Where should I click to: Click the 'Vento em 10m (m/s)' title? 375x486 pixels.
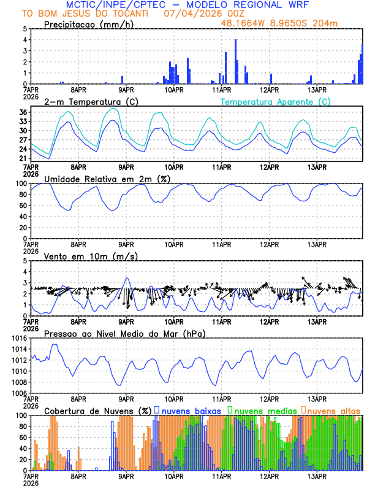[91, 256]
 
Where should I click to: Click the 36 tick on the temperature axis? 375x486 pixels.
[23, 112]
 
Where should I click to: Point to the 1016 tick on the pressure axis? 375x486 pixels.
[18, 338]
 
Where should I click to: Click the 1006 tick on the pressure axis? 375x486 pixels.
[18, 393]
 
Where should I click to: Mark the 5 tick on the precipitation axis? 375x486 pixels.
[25, 29]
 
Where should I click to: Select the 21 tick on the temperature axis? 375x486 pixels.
[23, 158]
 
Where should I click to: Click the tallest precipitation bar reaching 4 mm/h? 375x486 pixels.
[235, 61]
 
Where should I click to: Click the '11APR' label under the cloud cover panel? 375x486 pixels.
[221, 476]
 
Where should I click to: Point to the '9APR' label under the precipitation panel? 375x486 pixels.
[126, 90]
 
